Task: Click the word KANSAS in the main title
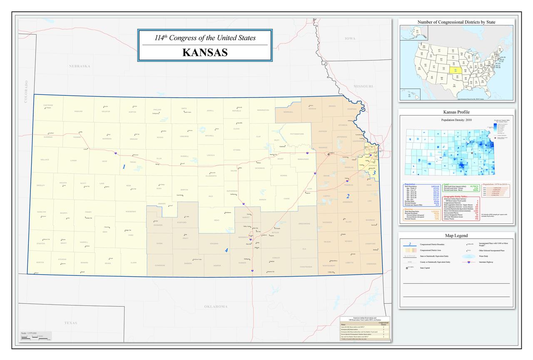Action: [x=204, y=53]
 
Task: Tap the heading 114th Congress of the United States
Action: [x=204, y=38]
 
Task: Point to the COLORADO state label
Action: [x=26, y=91]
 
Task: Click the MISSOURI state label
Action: [x=364, y=86]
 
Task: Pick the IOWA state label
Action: [x=350, y=38]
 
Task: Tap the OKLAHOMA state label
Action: [x=216, y=307]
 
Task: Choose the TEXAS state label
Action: [x=71, y=323]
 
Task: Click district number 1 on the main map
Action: [x=124, y=167]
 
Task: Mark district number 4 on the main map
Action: [x=227, y=250]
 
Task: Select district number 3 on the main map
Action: [x=374, y=173]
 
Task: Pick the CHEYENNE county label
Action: [x=48, y=105]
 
